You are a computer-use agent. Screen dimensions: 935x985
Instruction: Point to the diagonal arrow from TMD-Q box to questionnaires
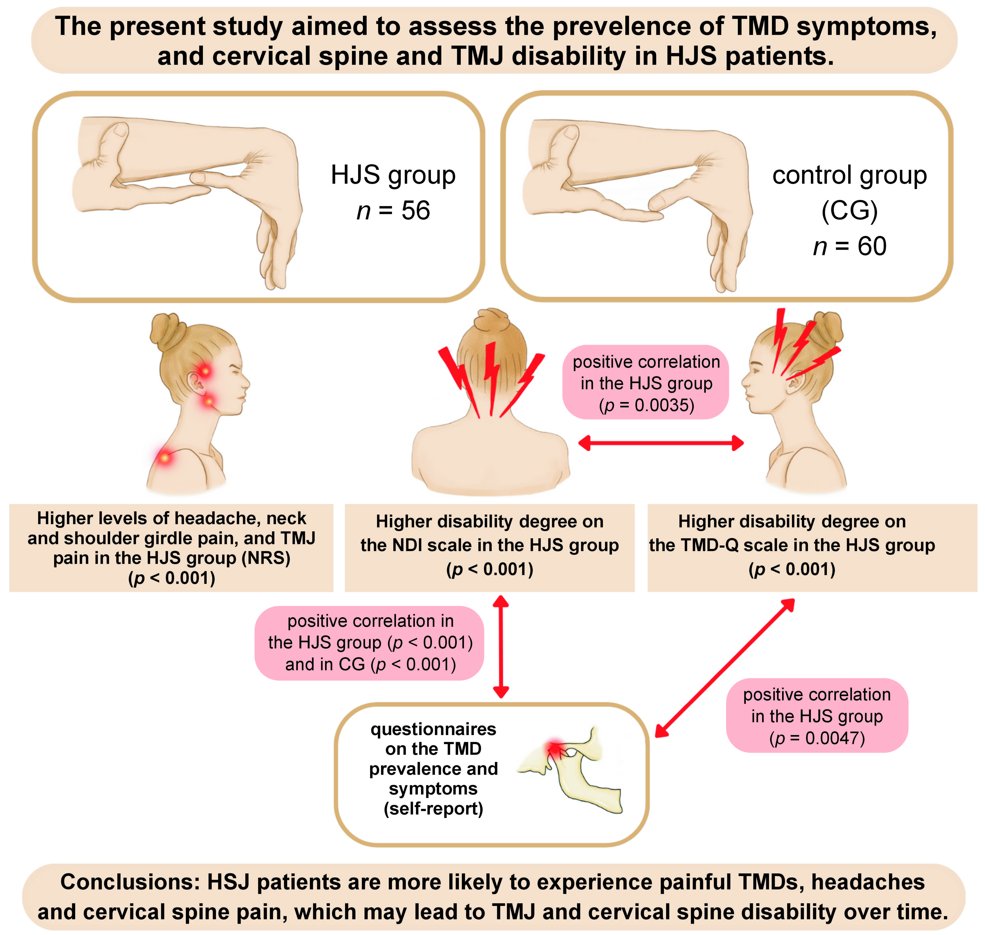coord(724,668)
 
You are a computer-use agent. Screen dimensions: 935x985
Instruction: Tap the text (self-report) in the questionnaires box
coord(433,808)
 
